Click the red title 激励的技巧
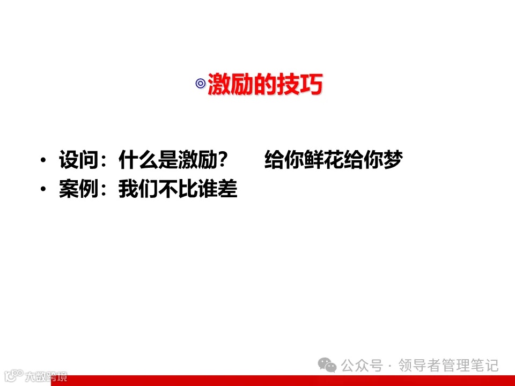pos(265,85)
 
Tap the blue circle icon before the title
pos(201,84)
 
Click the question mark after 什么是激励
pos(225,160)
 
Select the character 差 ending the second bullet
pos(227,190)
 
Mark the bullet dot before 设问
pos(43,161)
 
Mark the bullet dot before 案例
pos(43,190)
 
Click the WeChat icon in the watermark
pos(328,366)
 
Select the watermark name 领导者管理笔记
pos(448,366)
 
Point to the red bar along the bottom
pos(290,381)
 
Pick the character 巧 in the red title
pos(311,85)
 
